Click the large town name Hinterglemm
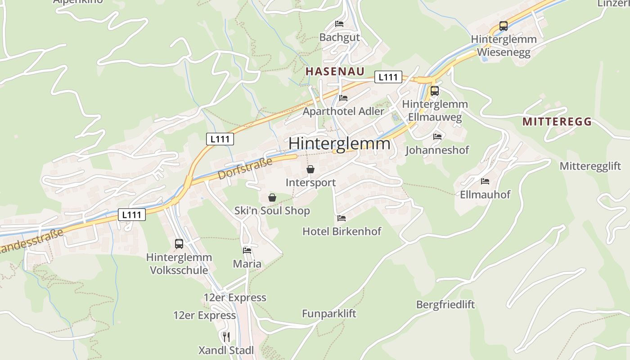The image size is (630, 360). (x=339, y=144)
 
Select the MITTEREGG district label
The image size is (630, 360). (x=557, y=121)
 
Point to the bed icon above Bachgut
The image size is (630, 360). (x=339, y=24)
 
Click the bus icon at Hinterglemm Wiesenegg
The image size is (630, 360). (x=504, y=26)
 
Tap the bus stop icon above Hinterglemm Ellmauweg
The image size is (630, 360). (x=435, y=91)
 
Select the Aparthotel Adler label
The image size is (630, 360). (x=344, y=111)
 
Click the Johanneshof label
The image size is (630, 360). (x=437, y=150)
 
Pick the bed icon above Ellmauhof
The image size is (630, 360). (x=485, y=181)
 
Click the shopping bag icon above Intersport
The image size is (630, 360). (x=310, y=170)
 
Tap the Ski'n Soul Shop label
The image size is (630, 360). (x=272, y=211)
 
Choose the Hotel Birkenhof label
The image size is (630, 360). (x=342, y=231)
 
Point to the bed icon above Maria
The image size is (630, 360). (x=247, y=251)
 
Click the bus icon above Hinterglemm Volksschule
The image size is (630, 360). (x=179, y=244)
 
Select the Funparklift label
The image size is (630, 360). (x=329, y=314)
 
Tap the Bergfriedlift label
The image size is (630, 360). (x=445, y=305)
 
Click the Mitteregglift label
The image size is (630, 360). (x=590, y=166)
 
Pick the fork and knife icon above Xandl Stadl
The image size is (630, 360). (x=226, y=337)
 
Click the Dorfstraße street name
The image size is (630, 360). (x=245, y=169)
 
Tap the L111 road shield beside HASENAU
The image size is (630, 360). (x=388, y=77)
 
